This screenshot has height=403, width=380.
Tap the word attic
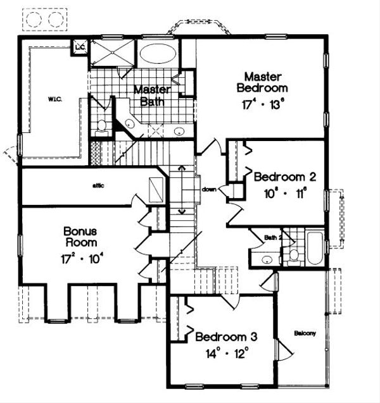(97, 185)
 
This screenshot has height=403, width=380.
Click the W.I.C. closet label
(52, 99)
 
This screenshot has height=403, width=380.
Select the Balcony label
(305, 333)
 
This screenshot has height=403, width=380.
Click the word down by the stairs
(210, 189)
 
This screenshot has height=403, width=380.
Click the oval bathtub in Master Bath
(158, 53)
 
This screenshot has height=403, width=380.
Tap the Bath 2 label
(273, 237)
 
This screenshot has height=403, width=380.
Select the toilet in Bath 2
(294, 255)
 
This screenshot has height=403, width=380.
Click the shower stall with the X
(111, 53)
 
